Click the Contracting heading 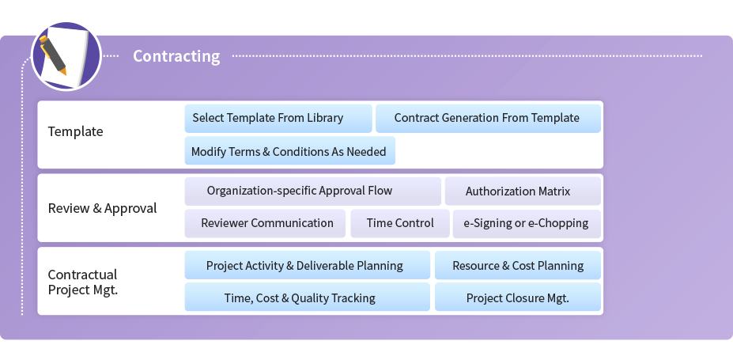[176, 56]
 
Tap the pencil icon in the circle [53, 55]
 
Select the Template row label [75, 131]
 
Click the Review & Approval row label [102, 208]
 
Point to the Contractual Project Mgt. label [83, 282]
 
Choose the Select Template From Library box [278, 119]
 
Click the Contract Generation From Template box [488, 119]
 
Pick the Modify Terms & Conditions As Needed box [290, 150]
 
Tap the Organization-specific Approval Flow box [313, 191]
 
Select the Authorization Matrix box [523, 191]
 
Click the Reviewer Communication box [265, 223]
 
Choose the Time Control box [399, 223]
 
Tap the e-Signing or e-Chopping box [527, 223]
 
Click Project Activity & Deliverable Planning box [307, 265]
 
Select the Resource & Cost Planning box [518, 265]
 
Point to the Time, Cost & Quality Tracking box [307, 297]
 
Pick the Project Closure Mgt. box [518, 297]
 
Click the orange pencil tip [63, 72]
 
